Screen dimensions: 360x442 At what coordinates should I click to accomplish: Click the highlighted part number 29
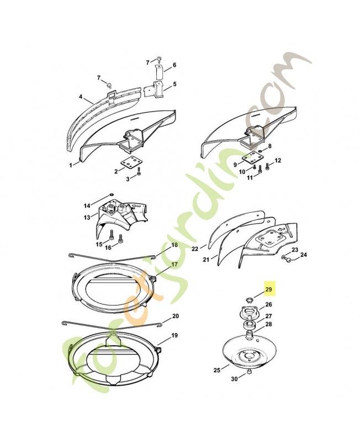(x=269, y=289)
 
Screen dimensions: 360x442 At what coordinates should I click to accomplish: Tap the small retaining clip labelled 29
(x=248, y=299)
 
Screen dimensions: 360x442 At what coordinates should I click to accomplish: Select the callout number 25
(x=216, y=370)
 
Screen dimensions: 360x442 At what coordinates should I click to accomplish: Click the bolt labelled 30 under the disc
(x=250, y=372)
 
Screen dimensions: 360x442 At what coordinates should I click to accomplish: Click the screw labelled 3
(x=139, y=171)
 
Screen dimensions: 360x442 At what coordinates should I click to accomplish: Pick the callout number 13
(x=87, y=218)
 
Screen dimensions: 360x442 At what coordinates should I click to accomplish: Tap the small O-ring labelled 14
(x=112, y=194)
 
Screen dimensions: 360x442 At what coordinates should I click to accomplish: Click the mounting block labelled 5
(x=155, y=90)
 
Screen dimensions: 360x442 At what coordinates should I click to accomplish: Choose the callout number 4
(x=81, y=97)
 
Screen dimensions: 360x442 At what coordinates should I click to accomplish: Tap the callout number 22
(x=195, y=249)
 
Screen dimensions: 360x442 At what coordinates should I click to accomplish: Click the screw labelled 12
(x=267, y=167)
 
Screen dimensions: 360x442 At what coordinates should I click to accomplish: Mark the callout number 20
(x=175, y=316)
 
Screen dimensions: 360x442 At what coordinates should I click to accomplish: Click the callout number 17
(x=174, y=264)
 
